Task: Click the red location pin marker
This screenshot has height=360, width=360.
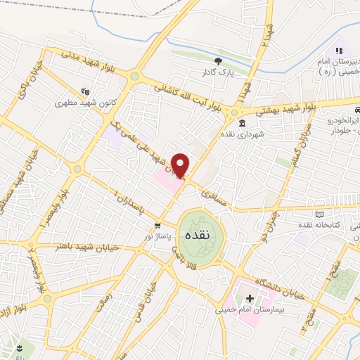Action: click(x=181, y=165)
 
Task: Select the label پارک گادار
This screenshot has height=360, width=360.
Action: click(x=217, y=72)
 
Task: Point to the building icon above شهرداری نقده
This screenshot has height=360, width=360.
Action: click(x=241, y=123)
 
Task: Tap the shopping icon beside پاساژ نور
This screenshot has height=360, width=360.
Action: click(x=158, y=226)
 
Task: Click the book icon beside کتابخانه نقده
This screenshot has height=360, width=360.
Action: click(x=321, y=214)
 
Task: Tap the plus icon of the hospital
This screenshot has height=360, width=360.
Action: click(x=250, y=298)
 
